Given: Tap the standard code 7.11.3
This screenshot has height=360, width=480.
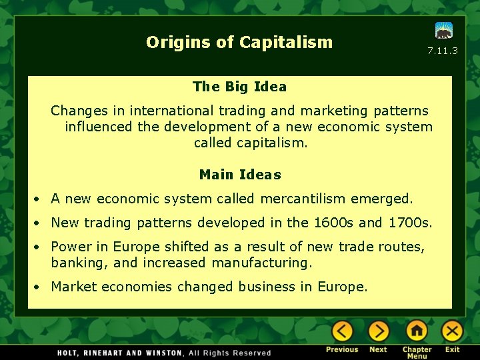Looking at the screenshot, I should pyautogui.click(x=443, y=51).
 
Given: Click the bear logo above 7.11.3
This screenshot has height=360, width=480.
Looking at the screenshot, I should pyautogui.click(x=444, y=31).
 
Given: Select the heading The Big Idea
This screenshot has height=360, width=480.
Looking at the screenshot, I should pyautogui.click(x=239, y=87).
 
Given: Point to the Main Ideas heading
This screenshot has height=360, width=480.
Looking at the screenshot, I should pyautogui.click(x=240, y=175).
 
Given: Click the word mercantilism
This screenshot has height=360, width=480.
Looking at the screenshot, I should pyautogui.click(x=304, y=199).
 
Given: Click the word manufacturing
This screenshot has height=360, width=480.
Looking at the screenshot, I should pyautogui.click(x=261, y=263).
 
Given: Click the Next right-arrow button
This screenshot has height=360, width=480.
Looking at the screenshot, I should pyautogui.click(x=378, y=331).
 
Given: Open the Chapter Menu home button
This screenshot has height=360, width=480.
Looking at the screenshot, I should pyautogui.click(x=417, y=331).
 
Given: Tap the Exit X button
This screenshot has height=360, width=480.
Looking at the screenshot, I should pyautogui.click(x=453, y=331).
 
